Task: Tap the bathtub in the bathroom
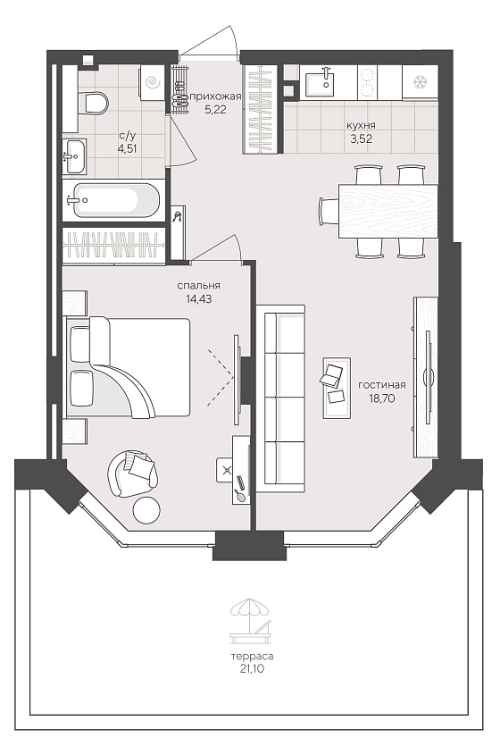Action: pyautogui.click(x=114, y=200)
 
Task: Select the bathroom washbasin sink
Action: pyautogui.click(x=75, y=156)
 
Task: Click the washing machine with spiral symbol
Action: pyautogui.click(x=152, y=83)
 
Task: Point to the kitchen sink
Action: pyautogui.click(x=320, y=84)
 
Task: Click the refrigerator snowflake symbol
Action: pyautogui.click(x=420, y=82)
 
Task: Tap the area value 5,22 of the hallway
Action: pyautogui.click(x=215, y=108)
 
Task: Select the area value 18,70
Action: pyautogui.click(x=381, y=398)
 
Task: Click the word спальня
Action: pyautogui.click(x=199, y=286)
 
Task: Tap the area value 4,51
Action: pyautogui.click(x=128, y=148)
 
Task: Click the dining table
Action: pyautogui.click(x=388, y=211)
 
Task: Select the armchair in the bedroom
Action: pyautogui.click(x=132, y=474)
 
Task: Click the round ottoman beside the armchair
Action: pyautogui.click(x=146, y=510)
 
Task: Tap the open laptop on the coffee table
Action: pyautogui.click(x=332, y=373)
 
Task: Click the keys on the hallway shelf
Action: pyautogui.click(x=178, y=216)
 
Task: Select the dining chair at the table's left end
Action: pyautogui.click(x=329, y=210)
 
